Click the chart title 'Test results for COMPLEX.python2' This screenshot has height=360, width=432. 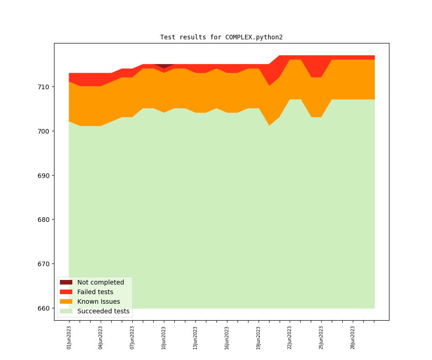221,37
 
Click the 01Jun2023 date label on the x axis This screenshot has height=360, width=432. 69,338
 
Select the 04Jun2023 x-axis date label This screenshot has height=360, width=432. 101,338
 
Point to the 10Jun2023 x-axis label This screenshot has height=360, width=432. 164,338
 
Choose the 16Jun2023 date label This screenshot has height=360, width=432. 227,338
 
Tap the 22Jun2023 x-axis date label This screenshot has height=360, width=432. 290,338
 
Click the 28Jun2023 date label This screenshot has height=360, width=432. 353,338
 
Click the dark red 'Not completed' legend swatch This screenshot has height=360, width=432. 66,282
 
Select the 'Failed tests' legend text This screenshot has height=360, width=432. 95,292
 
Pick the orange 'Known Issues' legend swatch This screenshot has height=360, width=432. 66,301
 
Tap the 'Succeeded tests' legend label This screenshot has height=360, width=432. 103,311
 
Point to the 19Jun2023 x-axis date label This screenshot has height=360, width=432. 259,338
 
